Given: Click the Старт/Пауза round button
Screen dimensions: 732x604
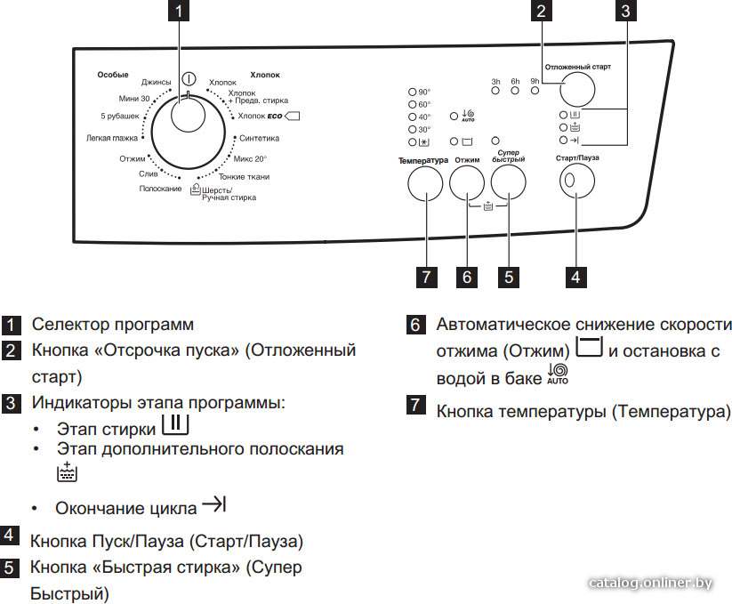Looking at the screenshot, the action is (x=577, y=181).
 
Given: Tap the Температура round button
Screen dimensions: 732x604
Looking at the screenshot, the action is (x=425, y=183).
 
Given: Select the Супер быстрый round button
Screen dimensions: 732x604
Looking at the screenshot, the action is (x=509, y=182).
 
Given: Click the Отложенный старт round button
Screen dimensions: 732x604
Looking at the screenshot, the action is (x=577, y=89).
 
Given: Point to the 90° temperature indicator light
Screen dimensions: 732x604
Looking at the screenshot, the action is (x=412, y=92).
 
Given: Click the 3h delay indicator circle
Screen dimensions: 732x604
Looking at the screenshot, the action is (x=495, y=91).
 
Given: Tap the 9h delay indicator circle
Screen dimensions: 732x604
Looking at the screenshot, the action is (x=535, y=91).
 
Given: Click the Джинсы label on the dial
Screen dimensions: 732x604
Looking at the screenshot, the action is (x=157, y=82).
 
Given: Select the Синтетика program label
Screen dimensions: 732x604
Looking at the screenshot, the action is (x=259, y=138).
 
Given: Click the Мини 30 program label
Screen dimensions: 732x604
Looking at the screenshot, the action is (x=134, y=99).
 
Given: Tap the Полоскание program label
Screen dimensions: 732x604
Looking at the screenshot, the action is (x=160, y=189).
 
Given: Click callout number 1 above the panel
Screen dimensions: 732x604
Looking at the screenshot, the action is (x=179, y=11).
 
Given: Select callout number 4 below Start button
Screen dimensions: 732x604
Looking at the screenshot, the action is (x=576, y=278).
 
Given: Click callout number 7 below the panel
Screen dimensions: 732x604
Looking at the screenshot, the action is (x=426, y=278).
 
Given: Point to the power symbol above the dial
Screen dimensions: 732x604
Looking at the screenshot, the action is (x=189, y=79).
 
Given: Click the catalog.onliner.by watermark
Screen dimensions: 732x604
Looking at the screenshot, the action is (x=650, y=583).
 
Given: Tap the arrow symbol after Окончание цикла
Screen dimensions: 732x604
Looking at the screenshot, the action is (x=213, y=504).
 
